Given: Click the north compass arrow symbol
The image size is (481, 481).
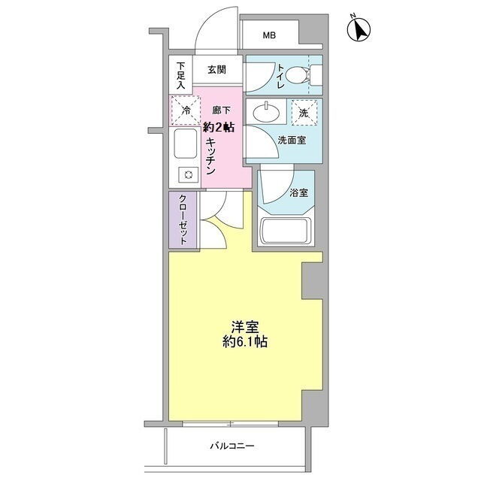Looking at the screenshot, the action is (358, 29).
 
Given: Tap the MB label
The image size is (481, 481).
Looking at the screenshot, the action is (269, 35).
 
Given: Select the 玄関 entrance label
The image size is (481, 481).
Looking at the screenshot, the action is (217, 70).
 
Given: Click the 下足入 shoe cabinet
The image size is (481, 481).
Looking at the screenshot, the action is (180, 74).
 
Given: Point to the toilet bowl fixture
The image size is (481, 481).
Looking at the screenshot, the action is (298, 74).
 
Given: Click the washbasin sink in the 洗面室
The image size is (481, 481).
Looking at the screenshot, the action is (266, 112).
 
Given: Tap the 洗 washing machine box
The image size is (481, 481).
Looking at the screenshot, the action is (304, 113).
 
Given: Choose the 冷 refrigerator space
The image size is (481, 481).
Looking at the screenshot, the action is (186, 110).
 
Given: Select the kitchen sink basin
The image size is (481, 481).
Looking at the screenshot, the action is (186, 144).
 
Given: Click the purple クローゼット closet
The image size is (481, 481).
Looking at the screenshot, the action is (183, 219).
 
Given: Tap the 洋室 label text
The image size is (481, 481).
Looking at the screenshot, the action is (245, 328).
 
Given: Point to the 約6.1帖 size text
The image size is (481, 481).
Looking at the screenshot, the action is (245, 342).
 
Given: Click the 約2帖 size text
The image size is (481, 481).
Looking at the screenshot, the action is (219, 127).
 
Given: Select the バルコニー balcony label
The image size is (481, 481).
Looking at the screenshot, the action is (232, 446).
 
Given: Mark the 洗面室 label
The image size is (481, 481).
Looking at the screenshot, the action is (292, 141).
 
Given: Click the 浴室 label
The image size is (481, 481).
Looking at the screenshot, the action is (299, 193).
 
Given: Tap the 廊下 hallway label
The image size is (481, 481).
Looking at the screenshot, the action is (221, 110).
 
